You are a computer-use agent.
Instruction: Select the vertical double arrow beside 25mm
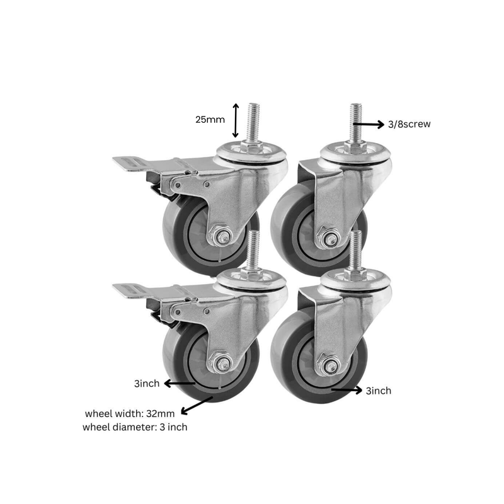pos(236,120)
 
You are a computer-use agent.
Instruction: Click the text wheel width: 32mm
pos(130,414)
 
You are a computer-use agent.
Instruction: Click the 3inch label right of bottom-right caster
pos(379,391)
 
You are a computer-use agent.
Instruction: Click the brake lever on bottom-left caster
pos(134,291)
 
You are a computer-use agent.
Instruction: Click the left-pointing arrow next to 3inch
pos(180,383)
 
